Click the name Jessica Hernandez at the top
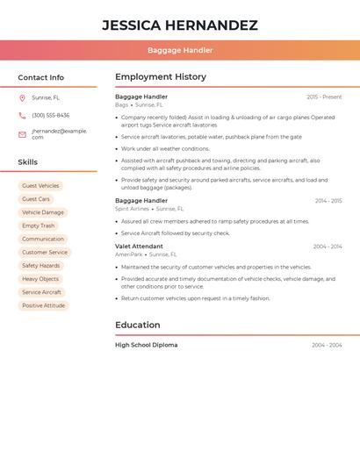pyautogui.click(x=180, y=25)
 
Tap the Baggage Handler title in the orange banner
pyautogui.click(x=180, y=50)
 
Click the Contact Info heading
pyautogui.click(x=41, y=77)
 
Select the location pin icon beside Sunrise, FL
pyautogui.click(x=22, y=97)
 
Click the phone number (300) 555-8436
pyautogui.click(x=51, y=115)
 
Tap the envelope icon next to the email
pyautogui.click(x=22, y=134)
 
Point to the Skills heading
pyautogui.click(x=28, y=162)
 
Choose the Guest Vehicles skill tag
pyautogui.click(x=40, y=186)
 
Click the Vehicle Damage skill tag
pyautogui.click(x=43, y=212)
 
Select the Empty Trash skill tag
pyautogui.click(x=39, y=225)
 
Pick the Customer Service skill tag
pyautogui.click(x=45, y=253)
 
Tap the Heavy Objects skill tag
pyautogui.click(x=40, y=279)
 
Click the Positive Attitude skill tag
pyautogui.click(x=44, y=305)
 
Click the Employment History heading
pyautogui.click(x=161, y=77)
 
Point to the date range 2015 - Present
pyautogui.click(x=324, y=97)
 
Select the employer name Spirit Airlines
pyautogui.click(x=133, y=209)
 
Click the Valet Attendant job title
pyautogui.click(x=139, y=247)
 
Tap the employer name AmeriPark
pyautogui.click(x=128, y=254)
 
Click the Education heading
pyautogui.click(x=137, y=325)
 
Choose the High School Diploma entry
pyautogui.click(x=146, y=345)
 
